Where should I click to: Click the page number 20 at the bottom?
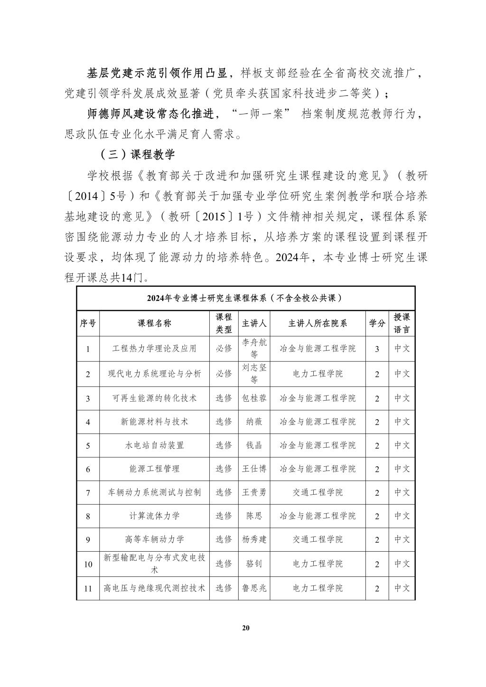coord(245,628)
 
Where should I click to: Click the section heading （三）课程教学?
coord(137,154)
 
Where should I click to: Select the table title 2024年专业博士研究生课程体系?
coord(245,298)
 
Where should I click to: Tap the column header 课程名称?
coord(154,323)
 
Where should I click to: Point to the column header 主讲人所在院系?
coord(318,323)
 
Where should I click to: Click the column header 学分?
coord(377,323)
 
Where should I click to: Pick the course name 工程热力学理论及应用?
coord(154,348)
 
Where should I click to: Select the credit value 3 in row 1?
coord(377,349)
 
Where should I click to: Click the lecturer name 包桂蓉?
coord(254,398)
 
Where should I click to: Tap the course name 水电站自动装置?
coord(154,445)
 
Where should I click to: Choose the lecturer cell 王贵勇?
coord(254,492)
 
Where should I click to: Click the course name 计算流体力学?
coord(154,516)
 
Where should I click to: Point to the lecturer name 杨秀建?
coord(254,539)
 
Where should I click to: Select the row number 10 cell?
coord(88,564)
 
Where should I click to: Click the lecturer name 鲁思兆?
coord(254,588)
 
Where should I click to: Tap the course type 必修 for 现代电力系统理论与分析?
coord(224,374)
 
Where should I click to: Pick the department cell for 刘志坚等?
coord(318,374)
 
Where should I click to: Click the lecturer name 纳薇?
coord(254,422)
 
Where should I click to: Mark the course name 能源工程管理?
coord(154,469)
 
